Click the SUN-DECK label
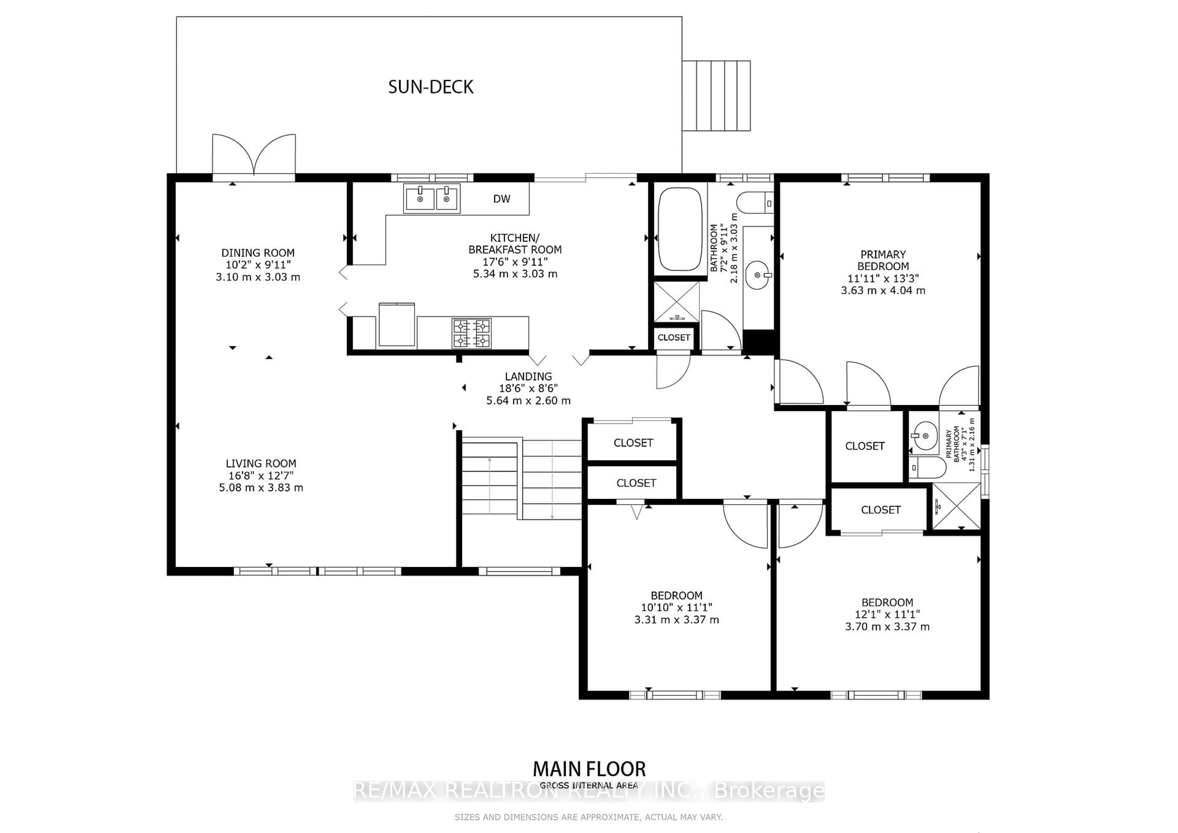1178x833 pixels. tap(430, 87)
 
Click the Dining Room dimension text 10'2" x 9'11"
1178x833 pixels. tap(258, 265)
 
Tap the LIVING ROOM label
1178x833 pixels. tap(261, 463)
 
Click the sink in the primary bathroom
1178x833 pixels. tap(925, 436)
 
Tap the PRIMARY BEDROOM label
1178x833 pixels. tap(883, 260)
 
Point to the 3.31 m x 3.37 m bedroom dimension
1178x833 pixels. tap(676, 620)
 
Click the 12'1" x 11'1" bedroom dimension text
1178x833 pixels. tap(887, 614)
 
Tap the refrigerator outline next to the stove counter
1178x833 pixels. tap(397, 325)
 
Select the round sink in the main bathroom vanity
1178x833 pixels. tap(758, 275)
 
